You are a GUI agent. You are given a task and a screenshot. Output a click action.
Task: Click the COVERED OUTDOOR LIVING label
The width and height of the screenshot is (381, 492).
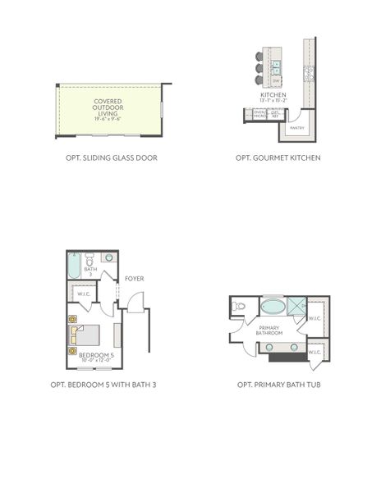click(108, 110)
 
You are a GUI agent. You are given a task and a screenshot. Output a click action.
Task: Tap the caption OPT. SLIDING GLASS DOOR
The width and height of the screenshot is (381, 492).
click(110, 157)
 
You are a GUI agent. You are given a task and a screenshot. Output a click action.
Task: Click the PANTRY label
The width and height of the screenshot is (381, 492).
click(297, 128)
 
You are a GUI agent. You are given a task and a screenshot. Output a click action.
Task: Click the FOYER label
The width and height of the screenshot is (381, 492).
click(135, 279)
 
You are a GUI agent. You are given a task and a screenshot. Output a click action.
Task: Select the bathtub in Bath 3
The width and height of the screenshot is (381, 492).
click(73, 266)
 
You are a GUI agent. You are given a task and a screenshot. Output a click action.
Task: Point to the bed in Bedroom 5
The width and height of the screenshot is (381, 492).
click(85, 335)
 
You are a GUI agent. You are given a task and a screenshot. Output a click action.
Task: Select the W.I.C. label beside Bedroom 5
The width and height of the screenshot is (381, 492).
click(83, 294)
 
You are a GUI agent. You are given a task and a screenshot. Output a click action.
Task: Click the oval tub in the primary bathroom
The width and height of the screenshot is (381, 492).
click(273, 307)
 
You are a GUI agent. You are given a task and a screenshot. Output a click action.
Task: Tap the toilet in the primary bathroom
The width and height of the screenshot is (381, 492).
click(239, 307)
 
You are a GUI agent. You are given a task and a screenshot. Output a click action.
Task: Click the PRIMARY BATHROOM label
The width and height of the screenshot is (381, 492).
click(269, 331)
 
